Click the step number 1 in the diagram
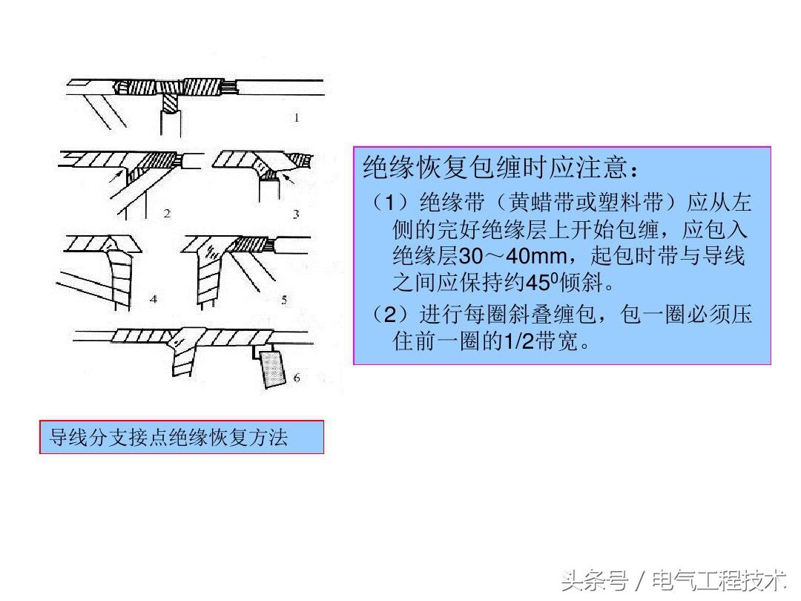click(297, 118)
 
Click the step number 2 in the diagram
click(167, 214)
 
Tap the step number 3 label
click(296, 214)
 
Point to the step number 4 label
click(154, 299)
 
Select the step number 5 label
click(284, 300)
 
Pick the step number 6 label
click(297, 378)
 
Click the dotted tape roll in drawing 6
click(273, 369)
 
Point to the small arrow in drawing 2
click(116, 177)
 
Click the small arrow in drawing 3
click(288, 178)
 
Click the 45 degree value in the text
click(542, 282)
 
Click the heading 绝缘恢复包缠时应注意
click(495, 167)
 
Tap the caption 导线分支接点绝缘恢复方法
click(168, 438)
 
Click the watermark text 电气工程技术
click(719, 581)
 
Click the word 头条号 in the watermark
click(595, 581)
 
